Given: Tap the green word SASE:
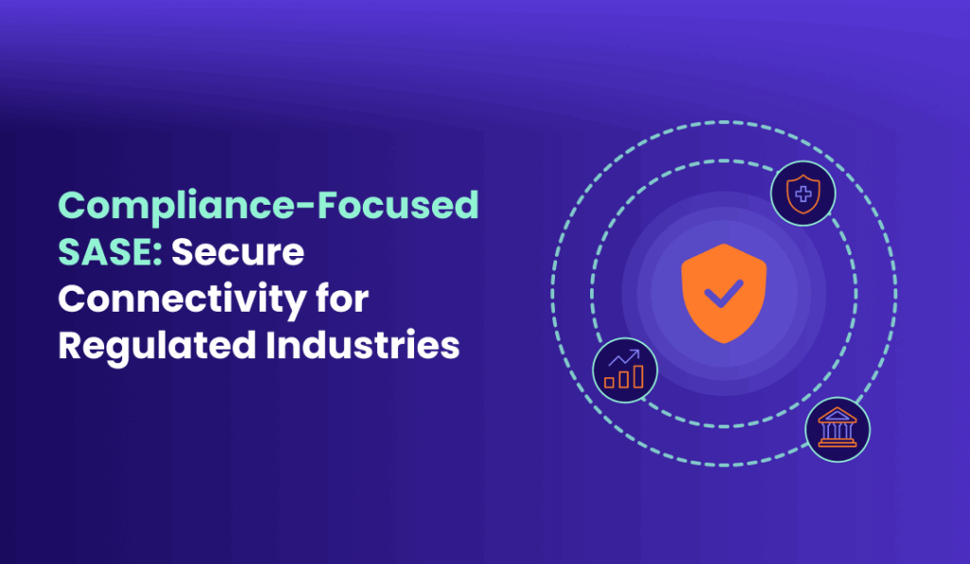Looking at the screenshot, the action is coord(110,252).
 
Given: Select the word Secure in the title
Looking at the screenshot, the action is coord(238,252).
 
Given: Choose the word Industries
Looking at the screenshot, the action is coord(363,345).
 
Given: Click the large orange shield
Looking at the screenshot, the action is coord(724,293).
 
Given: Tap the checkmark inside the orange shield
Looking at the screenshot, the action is coord(724,294).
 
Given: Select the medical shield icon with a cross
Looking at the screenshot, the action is coord(803,193).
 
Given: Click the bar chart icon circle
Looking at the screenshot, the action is coord(625,371).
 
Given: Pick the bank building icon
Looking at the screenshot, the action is coord(837,429).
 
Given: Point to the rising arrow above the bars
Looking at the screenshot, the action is coord(624,358).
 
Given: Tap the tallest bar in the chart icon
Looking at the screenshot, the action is coord(638,376).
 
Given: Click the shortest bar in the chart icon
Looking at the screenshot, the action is coord(609,383).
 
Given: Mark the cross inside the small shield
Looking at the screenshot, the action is coord(803,194).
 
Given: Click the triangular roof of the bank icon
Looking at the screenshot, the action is coord(837,415).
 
